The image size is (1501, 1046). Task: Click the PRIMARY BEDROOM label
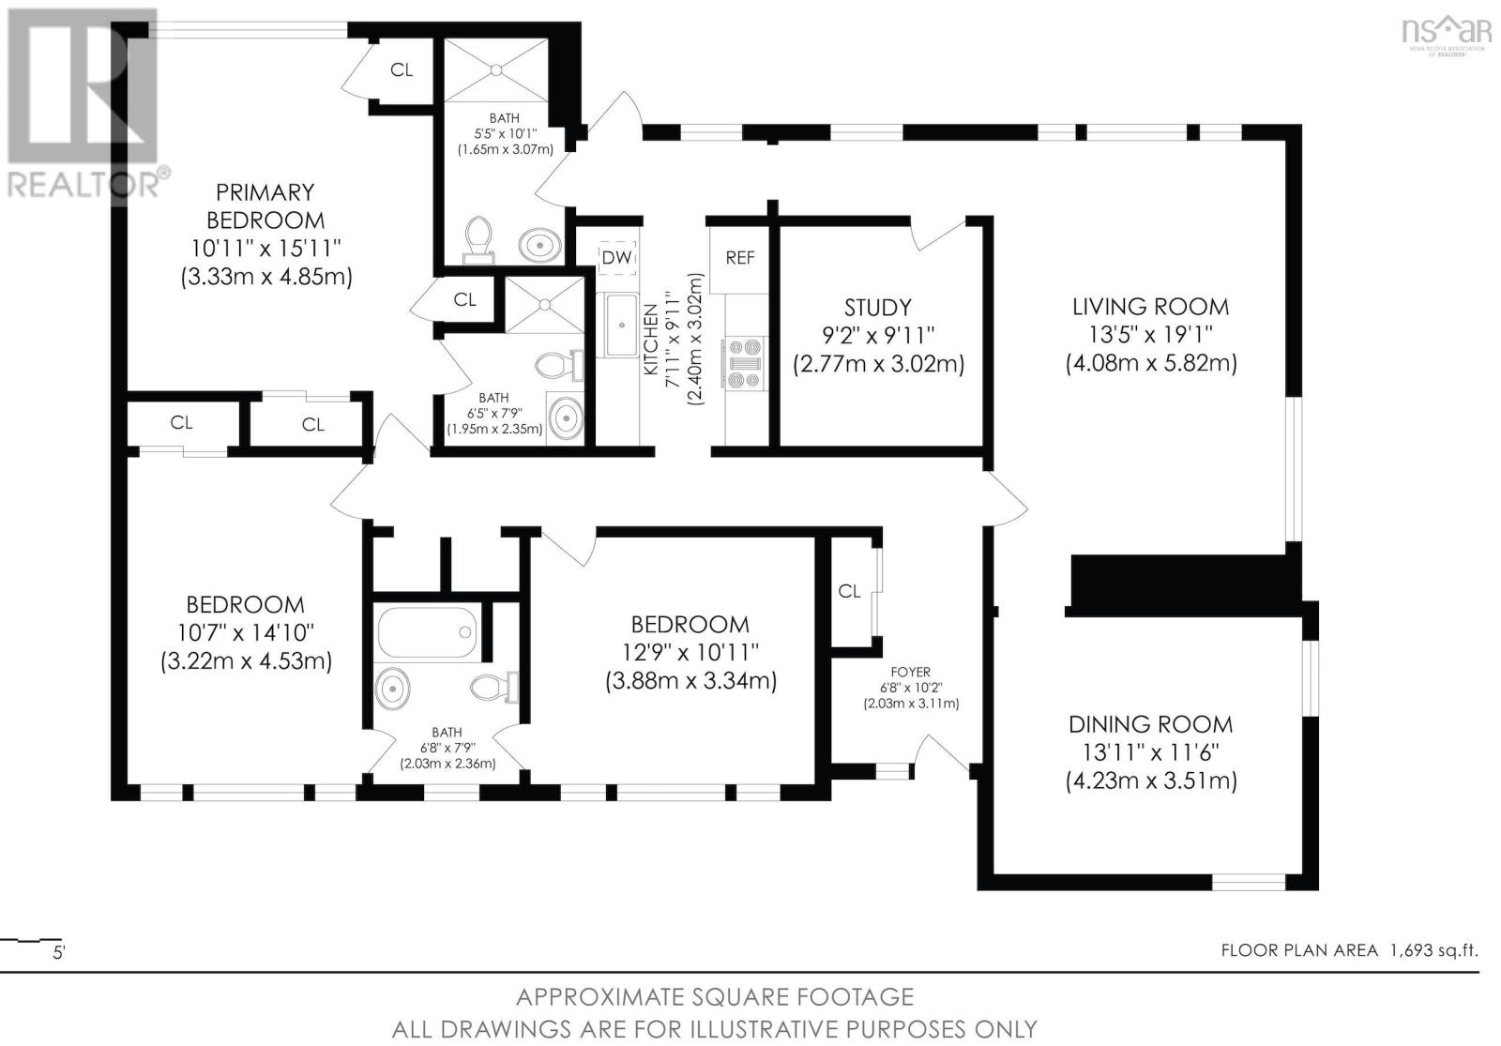(x=265, y=206)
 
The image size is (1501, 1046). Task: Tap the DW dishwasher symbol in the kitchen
(x=616, y=257)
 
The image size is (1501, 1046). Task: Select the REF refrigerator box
(x=739, y=257)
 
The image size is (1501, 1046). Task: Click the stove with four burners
(x=744, y=363)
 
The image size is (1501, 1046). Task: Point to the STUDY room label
(x=877, y=308)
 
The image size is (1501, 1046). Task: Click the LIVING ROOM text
(x=1150, y=307)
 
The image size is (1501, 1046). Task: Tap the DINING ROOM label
(x=1150, y=724)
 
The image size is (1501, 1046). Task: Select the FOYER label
(x=910, y=672)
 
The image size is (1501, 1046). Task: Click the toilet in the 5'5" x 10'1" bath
(x=479, y=236)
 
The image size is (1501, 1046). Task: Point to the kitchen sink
(x=620, y=325)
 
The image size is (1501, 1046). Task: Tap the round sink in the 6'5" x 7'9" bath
(x=565, y=418)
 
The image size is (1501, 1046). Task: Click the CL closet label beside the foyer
(x=849, y=591)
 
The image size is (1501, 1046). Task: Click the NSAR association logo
(x=1446, y=35)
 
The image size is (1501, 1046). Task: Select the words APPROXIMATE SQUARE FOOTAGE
(x=714, y=996)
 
